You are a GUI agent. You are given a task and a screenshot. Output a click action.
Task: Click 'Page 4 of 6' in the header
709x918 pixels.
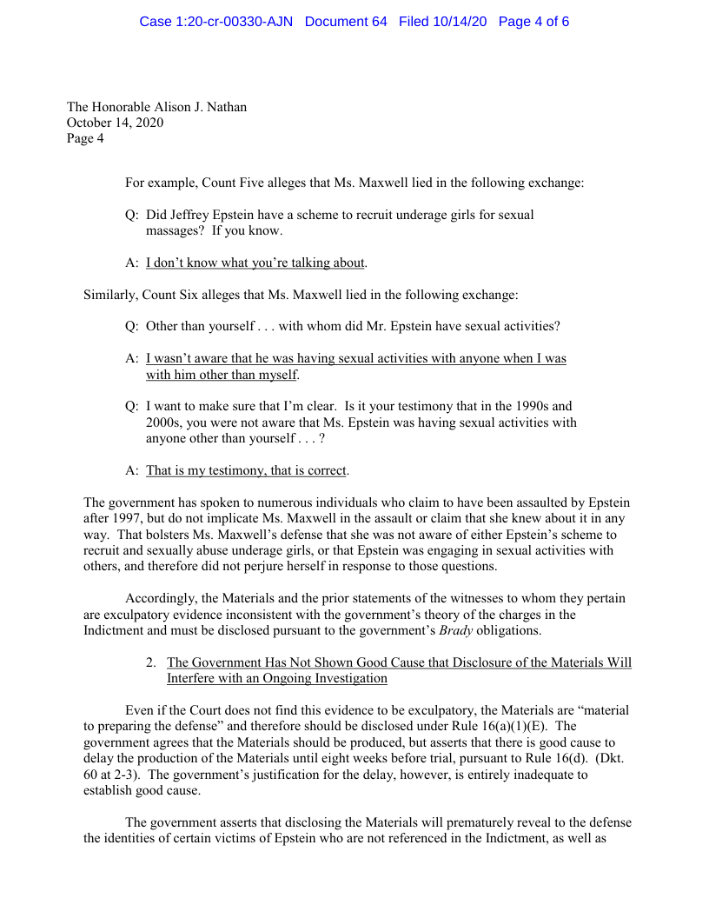point(533,22)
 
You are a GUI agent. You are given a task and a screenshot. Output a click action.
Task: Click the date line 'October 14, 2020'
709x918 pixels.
point(115,123)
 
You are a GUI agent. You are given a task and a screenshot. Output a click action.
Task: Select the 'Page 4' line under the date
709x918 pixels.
point(85,138)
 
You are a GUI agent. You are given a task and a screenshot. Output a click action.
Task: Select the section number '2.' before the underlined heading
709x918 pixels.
point(151,663)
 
